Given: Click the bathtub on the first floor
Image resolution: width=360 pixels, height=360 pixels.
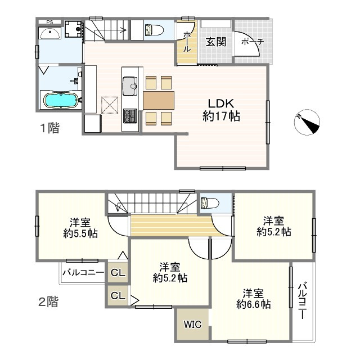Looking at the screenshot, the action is coord(61,100).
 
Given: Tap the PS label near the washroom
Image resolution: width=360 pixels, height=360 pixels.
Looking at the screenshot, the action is coord(49,22).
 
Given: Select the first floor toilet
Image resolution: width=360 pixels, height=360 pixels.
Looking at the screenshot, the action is coord(154,30).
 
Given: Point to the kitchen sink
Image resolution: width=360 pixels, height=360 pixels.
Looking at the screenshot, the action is coord(130,86).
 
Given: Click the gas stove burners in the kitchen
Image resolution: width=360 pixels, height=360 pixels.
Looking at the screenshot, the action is coord(130,116).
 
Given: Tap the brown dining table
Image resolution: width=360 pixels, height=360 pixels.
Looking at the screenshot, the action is coord(159,100).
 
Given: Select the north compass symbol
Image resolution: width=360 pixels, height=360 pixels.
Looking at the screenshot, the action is coord(307,122).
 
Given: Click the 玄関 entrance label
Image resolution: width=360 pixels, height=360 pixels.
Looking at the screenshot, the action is coord(215,42).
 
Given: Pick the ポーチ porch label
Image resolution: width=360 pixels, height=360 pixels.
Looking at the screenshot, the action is coord(253,42).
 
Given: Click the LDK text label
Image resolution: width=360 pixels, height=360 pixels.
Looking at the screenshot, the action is coord(221,103).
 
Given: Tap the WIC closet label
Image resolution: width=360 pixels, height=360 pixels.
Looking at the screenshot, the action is coord(192,325).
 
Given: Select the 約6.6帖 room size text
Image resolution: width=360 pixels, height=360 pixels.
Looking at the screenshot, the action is coord(254,304).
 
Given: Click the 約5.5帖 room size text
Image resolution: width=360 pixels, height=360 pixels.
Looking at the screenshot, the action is coord(80,233).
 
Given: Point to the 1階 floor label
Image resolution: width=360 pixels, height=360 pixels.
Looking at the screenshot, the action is coord(50,128).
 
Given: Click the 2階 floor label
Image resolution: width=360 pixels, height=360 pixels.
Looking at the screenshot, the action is coord(48,301).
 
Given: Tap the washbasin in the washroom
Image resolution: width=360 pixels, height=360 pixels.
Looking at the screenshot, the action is coord(50,34).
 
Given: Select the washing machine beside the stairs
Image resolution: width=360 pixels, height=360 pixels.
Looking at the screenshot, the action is coord(73,29).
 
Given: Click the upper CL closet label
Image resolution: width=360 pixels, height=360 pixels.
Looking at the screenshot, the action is coord(118,272).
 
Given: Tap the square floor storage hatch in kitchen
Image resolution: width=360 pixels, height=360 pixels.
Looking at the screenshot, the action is coord(110,105).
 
